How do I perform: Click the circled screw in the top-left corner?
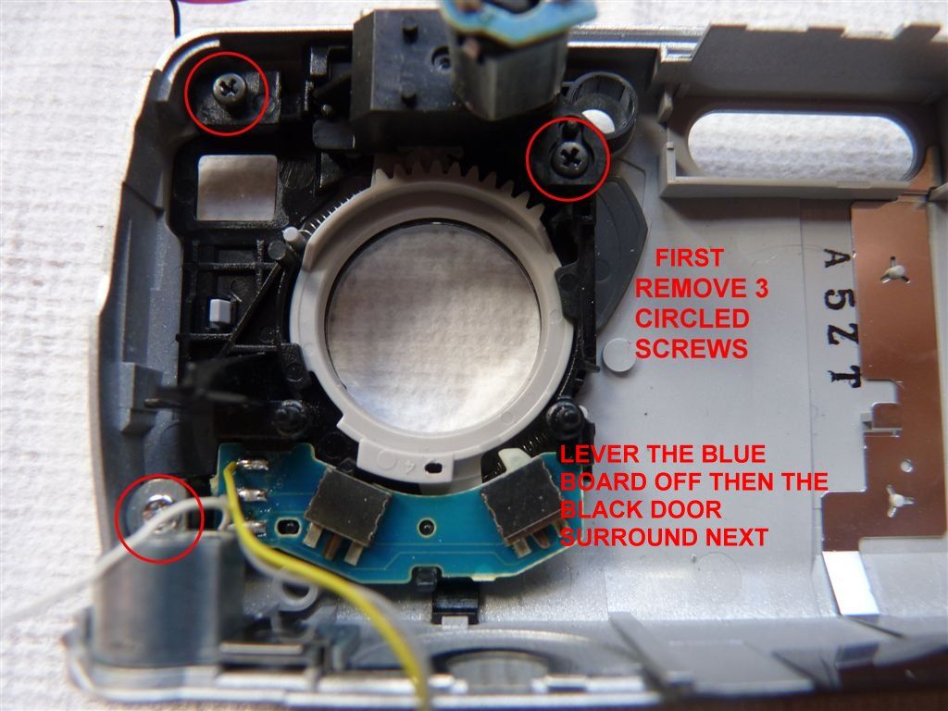(x=229, y=90)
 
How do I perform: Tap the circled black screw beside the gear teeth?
(x=568, y=158)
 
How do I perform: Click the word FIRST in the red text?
(x=689, y=258)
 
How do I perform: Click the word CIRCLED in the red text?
(x=692, y=318)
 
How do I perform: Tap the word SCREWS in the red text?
(x=692, y=349)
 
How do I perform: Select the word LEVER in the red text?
(x=599, y=454)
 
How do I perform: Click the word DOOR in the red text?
(x=682, y=510)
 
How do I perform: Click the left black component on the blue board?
(x=347, y=506)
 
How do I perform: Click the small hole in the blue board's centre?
(x=429, y=524)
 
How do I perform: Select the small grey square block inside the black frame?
(x=218, y=309)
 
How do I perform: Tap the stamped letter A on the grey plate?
(x=838, y=261)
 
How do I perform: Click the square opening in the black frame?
(x=237, y=185)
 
